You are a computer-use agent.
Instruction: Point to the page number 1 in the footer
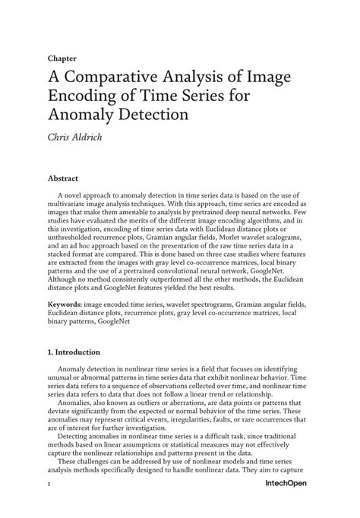pyautogui.click(x=49, y=504)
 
